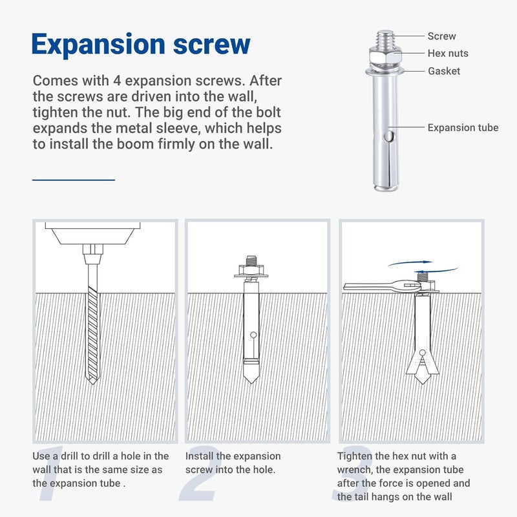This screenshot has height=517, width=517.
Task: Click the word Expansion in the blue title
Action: tap(98, 45)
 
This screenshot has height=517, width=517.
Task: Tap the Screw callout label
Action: tap(441, 36)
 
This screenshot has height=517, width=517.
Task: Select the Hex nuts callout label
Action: tap(448, 53)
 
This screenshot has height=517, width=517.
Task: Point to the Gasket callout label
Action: tap(444, 71)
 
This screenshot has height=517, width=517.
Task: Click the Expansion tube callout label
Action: tap(463, 127)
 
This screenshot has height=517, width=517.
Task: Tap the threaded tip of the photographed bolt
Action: tap(385, 39)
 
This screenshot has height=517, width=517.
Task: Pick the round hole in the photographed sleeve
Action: tap(390, 136)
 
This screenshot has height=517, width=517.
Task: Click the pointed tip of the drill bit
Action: tap(92, 384)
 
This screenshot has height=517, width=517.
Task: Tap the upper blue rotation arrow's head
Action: tap(428, 262)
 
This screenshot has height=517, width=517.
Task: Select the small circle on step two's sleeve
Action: tap(253, 335)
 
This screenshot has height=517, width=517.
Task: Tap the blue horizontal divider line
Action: tap(74, 180)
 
